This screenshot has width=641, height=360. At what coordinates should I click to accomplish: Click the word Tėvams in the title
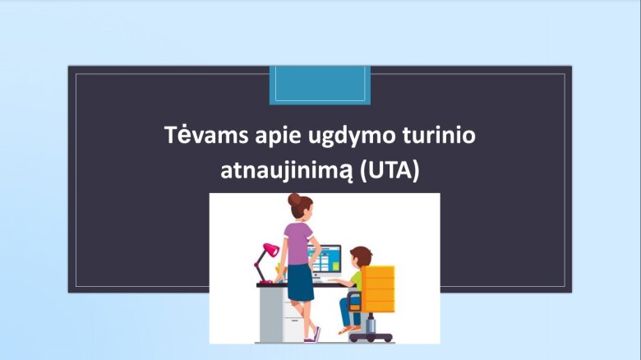click(206, 135)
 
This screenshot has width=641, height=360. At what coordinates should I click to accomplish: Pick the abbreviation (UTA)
click(390, 170)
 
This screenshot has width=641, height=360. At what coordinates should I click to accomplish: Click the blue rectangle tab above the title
click(320, 85)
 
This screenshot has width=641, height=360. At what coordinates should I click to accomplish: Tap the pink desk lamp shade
click(271, 250)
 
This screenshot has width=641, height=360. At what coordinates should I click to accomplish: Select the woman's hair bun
click(293, 200)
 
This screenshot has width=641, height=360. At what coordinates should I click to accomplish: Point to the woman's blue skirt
click(301, 282)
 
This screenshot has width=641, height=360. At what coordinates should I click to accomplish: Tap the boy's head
click(361, 257)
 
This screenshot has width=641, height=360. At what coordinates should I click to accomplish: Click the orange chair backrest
click(378, 288)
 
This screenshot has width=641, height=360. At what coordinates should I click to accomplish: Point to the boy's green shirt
click(357, 279)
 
